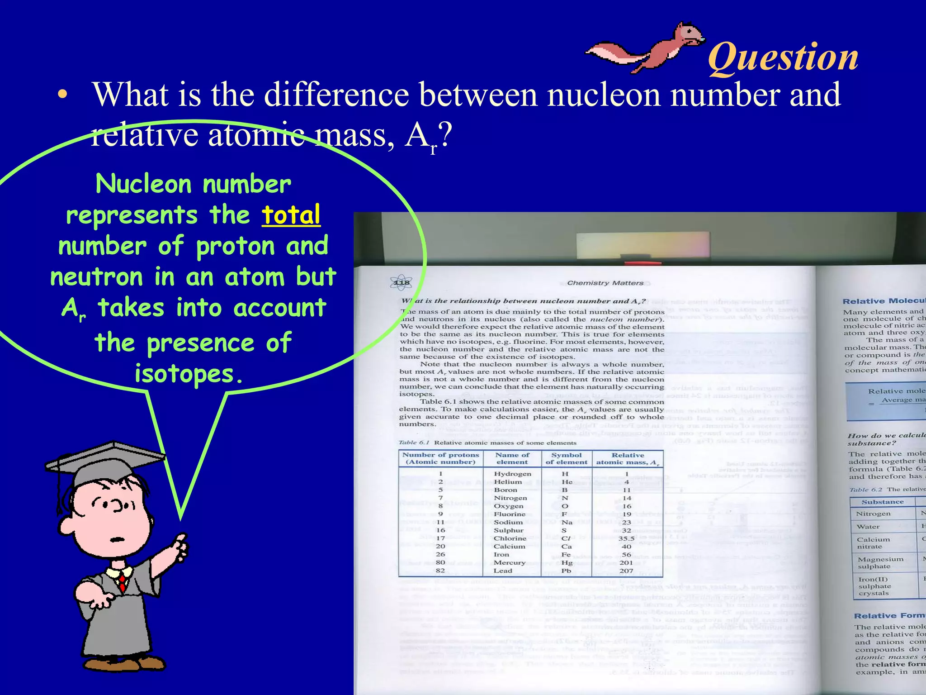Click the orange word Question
click(x=783, y=57)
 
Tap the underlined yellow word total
click(x=291, y=214)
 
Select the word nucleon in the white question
click(x=604, y=95)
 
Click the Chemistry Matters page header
click(x=605, y=283)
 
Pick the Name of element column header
click(x=512, y=458)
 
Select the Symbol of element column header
click(x=566, y=458)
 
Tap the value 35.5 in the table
click(x=626, y=538)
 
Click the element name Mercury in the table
click(x=509, y=562)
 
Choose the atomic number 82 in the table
click(x=440, y=571)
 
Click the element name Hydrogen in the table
click(x=512, y=474)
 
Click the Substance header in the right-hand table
click(x=882, y=502)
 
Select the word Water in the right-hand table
click(x=868, y=527)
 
